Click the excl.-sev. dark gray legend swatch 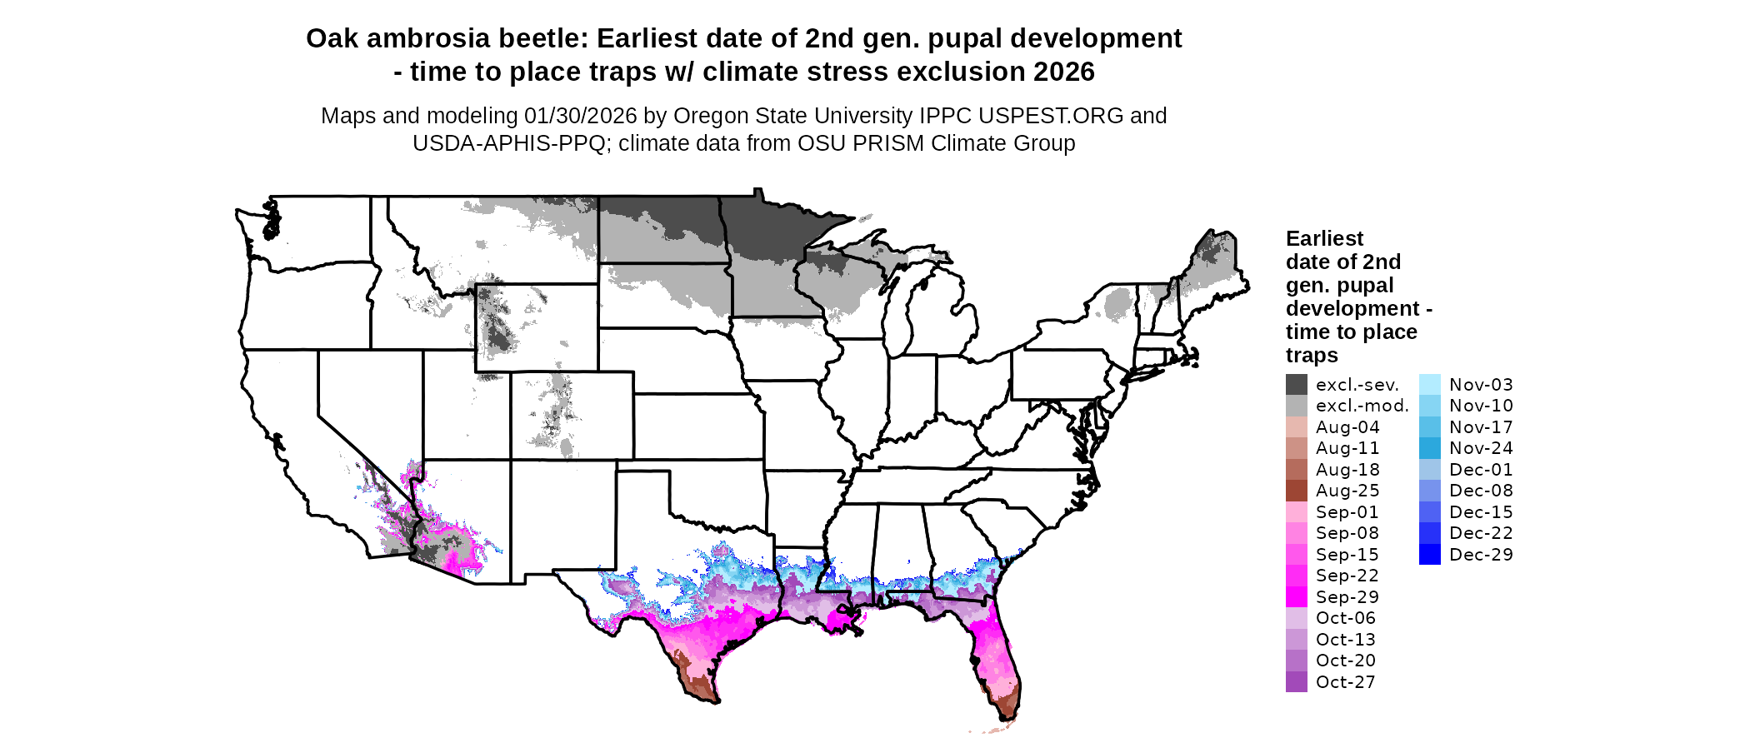1296,385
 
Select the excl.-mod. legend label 1362,406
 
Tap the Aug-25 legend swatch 1296,491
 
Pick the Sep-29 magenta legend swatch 1296,597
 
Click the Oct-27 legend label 1345,682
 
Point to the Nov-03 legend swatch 1429,385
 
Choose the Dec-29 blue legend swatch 1429,555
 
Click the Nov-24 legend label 1480,448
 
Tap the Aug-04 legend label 1347,427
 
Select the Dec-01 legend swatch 1429,470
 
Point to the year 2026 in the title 1064,72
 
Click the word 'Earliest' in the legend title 1324,239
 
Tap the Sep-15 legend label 1347,555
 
